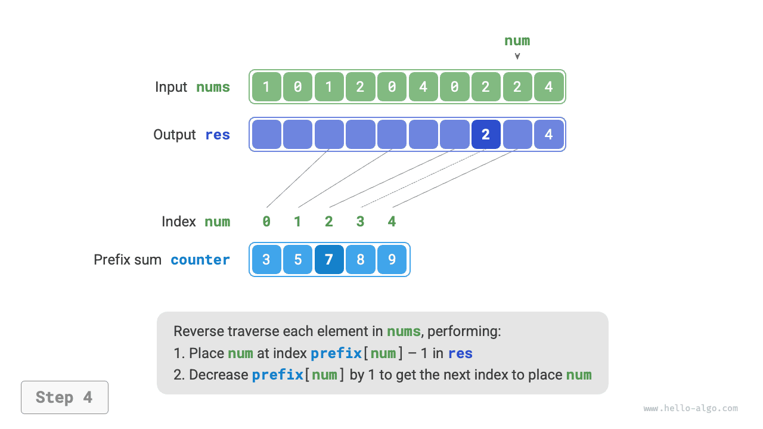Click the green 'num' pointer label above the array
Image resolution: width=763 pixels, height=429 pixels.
click(517, 41)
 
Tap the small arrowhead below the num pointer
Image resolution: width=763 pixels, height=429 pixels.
click(517, 57)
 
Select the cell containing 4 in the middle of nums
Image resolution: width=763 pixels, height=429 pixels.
click(423, 87)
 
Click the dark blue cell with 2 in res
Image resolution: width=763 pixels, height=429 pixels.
click(486, 135)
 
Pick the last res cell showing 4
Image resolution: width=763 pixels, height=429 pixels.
click(548, 135)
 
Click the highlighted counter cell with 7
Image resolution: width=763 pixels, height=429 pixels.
click(329, 260)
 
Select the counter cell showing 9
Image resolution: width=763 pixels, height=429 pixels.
click(392, 260)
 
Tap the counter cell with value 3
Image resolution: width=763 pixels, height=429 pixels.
click(266, 260)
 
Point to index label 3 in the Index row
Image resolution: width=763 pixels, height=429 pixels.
click(360, 222)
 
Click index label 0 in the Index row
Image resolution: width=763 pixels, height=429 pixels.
click(266, 222)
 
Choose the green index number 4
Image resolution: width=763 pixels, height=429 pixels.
click(392, 222)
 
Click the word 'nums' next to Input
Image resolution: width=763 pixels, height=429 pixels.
click(213, 87)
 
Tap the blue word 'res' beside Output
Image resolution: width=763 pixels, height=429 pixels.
click(217, 135)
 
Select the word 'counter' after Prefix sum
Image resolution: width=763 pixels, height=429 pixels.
click(200, 260)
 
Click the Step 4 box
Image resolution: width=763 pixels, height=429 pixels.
click(64, 397)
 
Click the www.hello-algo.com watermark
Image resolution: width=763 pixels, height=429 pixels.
click(690, 409)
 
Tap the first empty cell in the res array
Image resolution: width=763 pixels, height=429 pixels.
click(266, 135)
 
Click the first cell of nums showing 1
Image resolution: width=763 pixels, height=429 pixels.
click(266, 87)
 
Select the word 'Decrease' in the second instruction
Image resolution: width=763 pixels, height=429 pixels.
click(218, 375)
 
